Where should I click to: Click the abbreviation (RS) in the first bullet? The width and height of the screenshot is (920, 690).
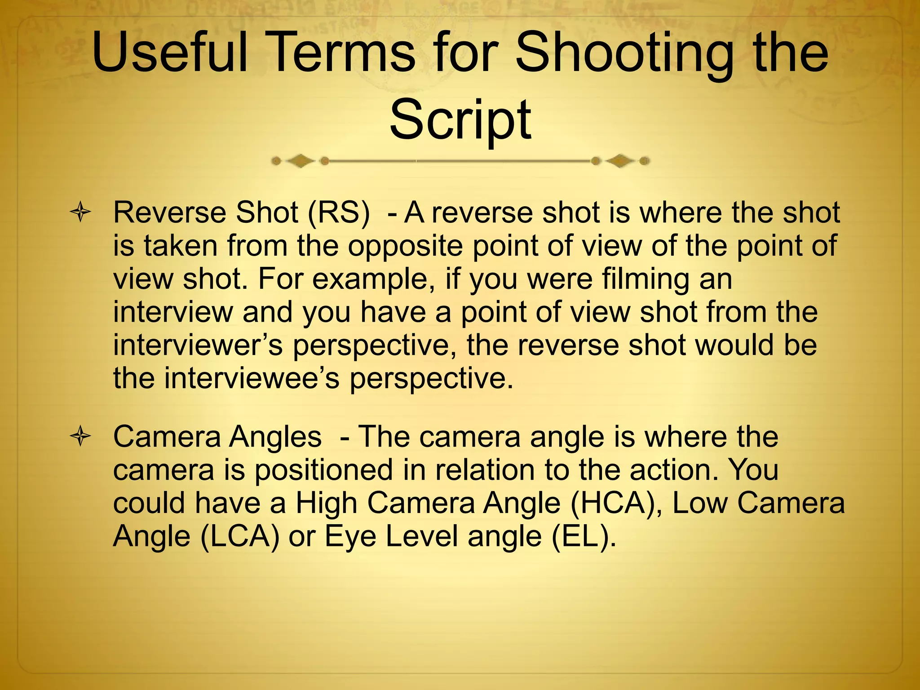(339, 213)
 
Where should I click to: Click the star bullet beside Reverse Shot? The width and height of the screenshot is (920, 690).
(81, 213)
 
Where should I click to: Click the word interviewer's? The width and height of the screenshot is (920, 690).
(198, 345)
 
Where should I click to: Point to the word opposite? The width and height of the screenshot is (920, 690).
(405, 246)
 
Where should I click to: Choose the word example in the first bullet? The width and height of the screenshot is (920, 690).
(370, 279)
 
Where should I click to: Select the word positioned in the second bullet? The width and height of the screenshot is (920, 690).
(324, 470)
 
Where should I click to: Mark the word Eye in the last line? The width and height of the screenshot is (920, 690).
(350, 536)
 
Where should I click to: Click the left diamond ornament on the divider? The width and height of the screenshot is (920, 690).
(301, 161)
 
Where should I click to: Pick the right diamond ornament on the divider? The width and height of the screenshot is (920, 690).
(620, 160)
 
